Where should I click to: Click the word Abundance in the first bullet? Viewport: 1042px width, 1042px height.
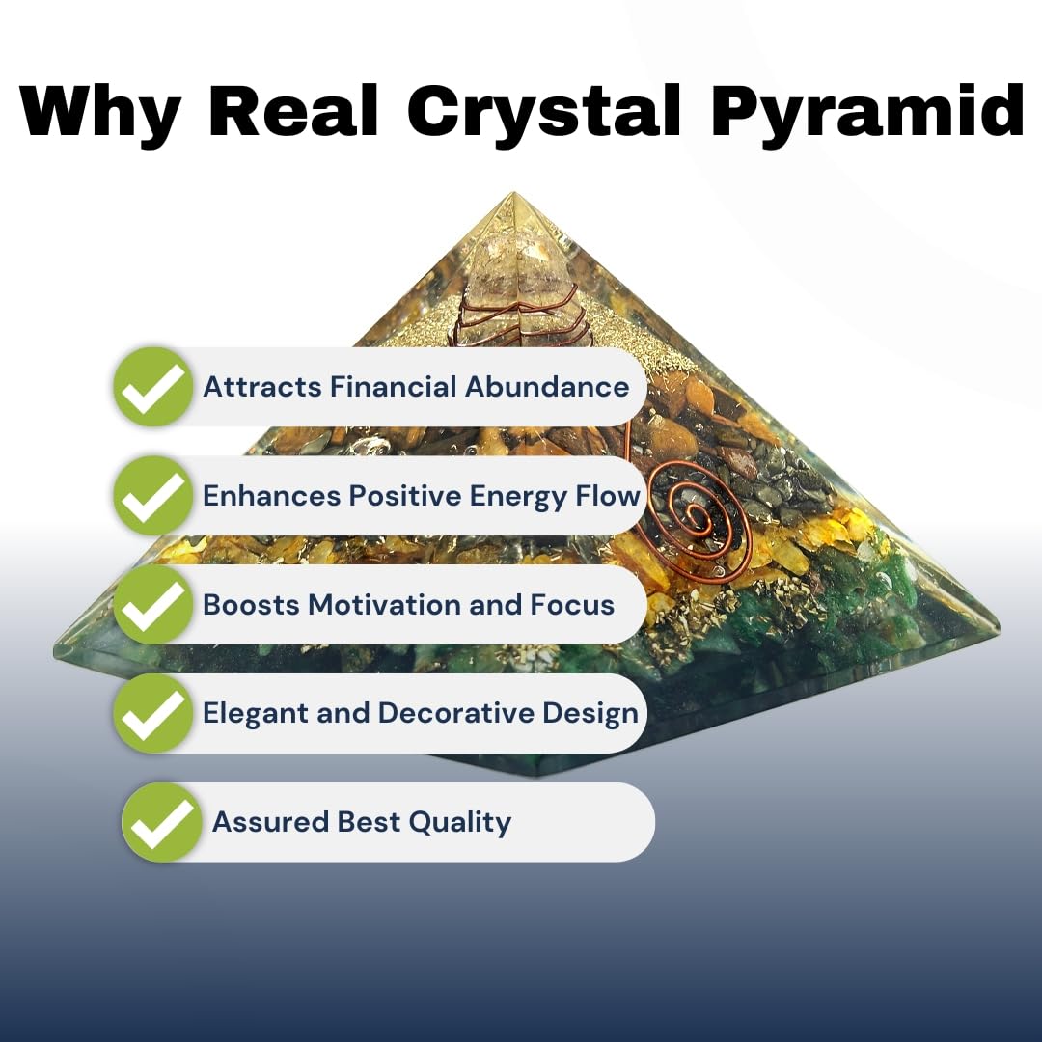point(547,387)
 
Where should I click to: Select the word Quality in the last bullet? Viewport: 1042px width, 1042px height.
point(460,822)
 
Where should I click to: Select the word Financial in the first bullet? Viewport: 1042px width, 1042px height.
point(394,387)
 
